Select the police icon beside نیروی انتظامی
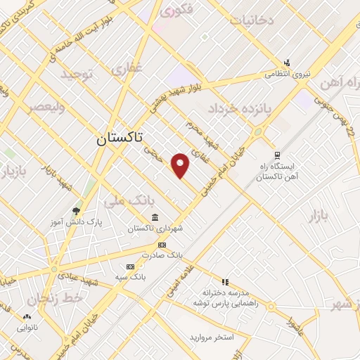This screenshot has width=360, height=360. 287,63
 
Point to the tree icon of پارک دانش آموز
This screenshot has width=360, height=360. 77,210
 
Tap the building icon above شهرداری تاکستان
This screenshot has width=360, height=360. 154,217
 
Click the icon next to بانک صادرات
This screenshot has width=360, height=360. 162,245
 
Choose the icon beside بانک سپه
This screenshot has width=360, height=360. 130,266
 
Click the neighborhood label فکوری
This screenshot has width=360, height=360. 176,11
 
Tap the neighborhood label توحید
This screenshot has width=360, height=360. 77,74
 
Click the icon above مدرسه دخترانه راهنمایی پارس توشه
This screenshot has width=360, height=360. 226,281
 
